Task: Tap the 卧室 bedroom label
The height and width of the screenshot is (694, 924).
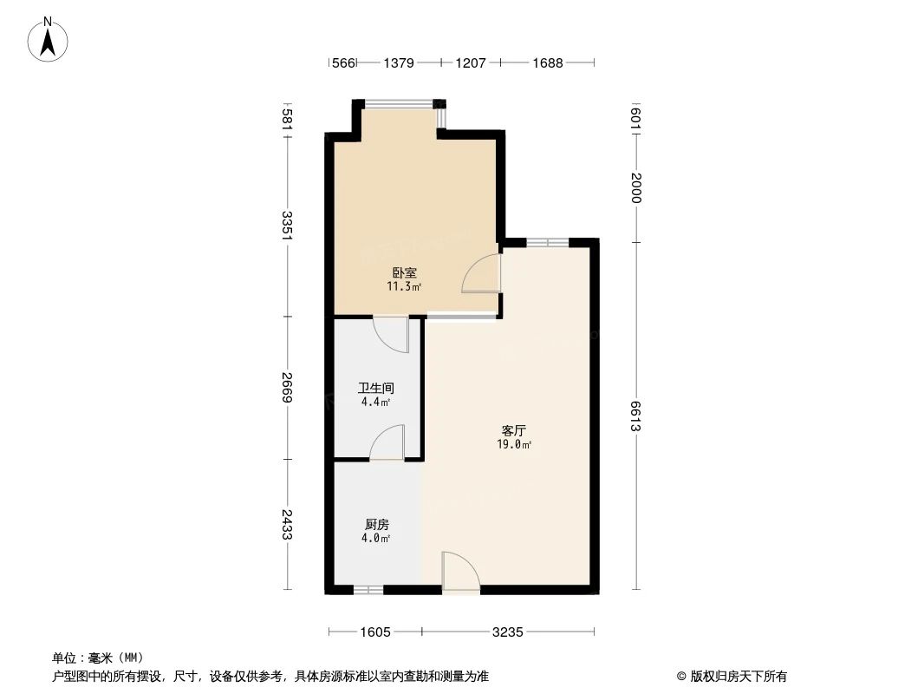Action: tap(405, 272)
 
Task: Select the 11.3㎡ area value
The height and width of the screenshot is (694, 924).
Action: tap(405, 286)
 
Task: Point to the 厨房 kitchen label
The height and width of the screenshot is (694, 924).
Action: tap(376, 524)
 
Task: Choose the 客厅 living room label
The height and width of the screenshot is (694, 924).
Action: tap(515, 430)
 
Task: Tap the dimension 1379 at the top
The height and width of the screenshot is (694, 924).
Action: tap(399, 62)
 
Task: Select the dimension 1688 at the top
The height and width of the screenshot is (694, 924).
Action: tap(548, 62)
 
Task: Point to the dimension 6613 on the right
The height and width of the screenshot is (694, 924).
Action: tap(636, 416)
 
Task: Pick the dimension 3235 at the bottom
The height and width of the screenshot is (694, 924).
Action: tap(507, 632)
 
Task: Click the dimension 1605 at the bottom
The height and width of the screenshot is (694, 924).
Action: tap(375, 632)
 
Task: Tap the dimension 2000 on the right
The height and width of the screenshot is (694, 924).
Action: tap(636, 187)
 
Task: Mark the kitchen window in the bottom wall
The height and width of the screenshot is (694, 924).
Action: tap(368, 590)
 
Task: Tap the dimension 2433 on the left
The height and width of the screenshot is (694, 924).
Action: tap(288, 525)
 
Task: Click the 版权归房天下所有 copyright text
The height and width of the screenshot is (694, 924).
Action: tap(732, 677)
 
